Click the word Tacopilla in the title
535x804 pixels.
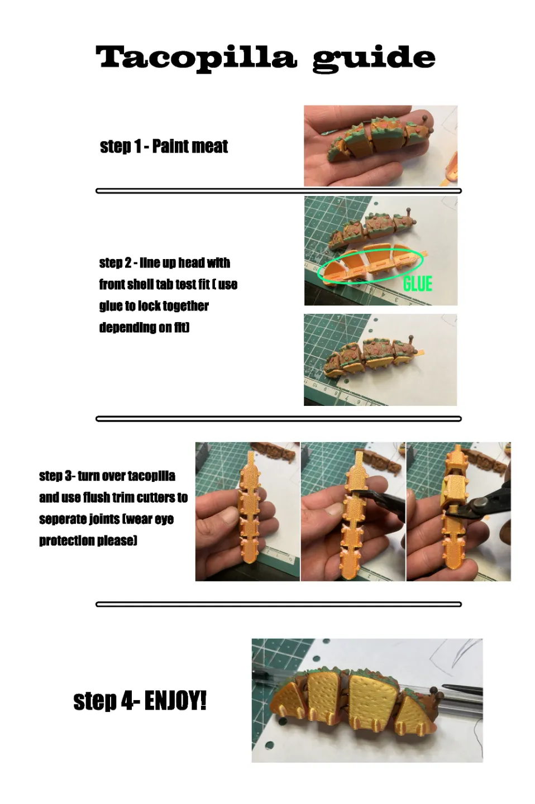pyautogui.click(x=196, y=57)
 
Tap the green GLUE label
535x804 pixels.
pyautogui.click(x=417, y=284)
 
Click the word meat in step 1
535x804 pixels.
pyautogui.click(x=209, y=146)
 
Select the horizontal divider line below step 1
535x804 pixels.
pyautogui.click(x=279, y=191)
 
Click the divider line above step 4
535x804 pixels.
pyautogui.click(x=279, y=605)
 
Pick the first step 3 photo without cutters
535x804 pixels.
pyautogui.click(x=247, y=511)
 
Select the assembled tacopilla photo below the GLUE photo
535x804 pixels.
pyautogui.click(x=380, y=360)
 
